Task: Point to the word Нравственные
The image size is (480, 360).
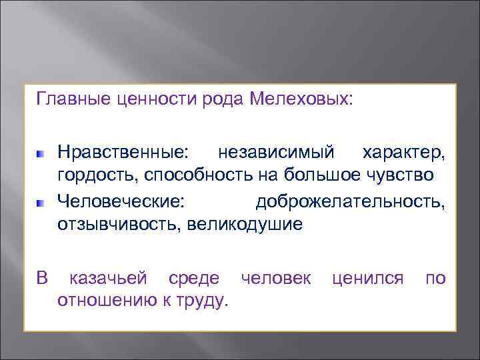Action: coord(123,153)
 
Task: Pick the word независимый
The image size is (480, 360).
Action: coord(276,153)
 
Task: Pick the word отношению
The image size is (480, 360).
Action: coord(103,301)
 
